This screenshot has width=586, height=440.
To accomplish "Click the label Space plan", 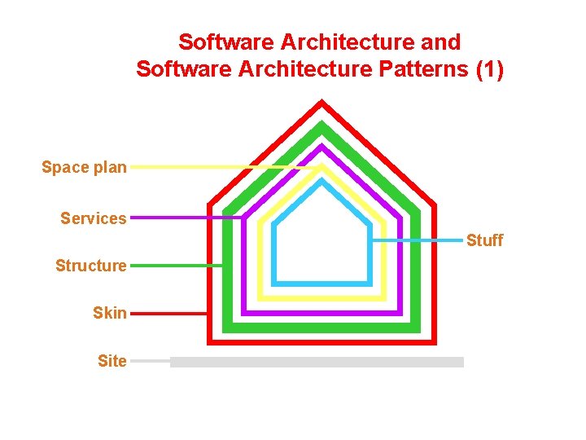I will point(84,168).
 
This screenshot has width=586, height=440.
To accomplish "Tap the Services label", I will point(94,218).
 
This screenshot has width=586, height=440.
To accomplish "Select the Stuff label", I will point(484,240).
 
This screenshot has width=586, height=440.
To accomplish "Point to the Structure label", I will point(91,266).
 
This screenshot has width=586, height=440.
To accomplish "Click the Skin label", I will point(110,313).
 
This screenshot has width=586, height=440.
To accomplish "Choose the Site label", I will point(112,361).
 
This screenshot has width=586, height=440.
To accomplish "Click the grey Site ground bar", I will point(317,362).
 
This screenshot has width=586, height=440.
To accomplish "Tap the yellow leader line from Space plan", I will point(220,167).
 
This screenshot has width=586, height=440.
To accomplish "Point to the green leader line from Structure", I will point(175,266).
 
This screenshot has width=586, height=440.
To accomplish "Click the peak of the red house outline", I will point(322,103).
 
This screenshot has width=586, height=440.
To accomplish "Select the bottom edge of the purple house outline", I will point(322,312).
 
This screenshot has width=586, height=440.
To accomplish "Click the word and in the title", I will point(440,42).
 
